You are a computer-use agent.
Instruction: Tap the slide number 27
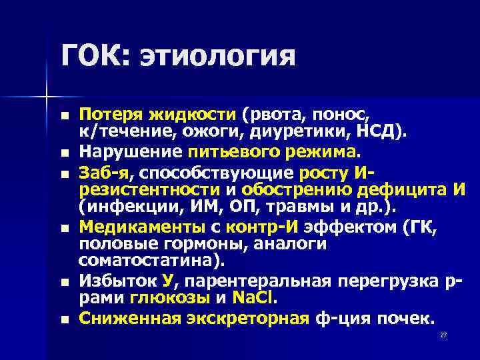[x=443, y=335]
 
